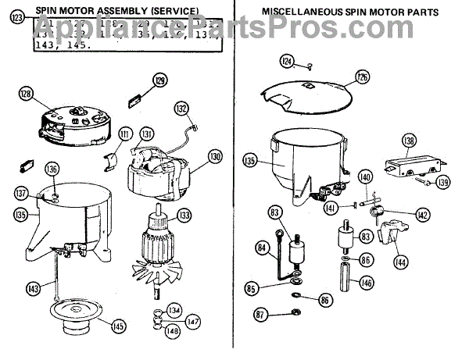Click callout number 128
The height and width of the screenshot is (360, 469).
click(26, 94)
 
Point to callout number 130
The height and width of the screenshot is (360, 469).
click(216, 155)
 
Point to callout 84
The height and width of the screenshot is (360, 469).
click(263, 248)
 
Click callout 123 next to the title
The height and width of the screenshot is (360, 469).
click(17, 19)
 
